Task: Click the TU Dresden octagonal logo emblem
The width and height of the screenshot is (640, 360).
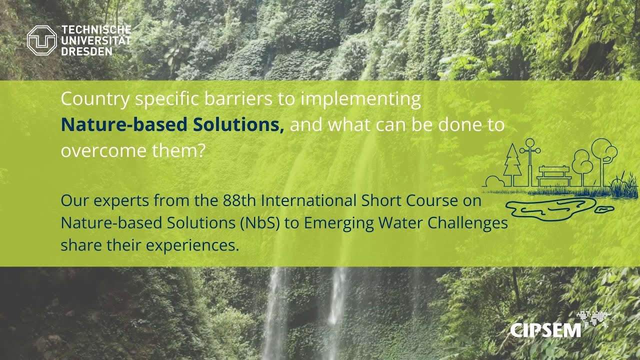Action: (41, 40)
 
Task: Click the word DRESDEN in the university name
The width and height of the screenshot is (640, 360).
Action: (87, 51)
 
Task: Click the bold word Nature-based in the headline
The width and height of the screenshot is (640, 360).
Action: (125, 125)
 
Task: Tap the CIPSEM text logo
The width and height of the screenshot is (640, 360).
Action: (545, 330)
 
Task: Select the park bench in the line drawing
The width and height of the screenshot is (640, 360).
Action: (554, 174)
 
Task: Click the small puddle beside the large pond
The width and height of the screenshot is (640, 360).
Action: (603, 208)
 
